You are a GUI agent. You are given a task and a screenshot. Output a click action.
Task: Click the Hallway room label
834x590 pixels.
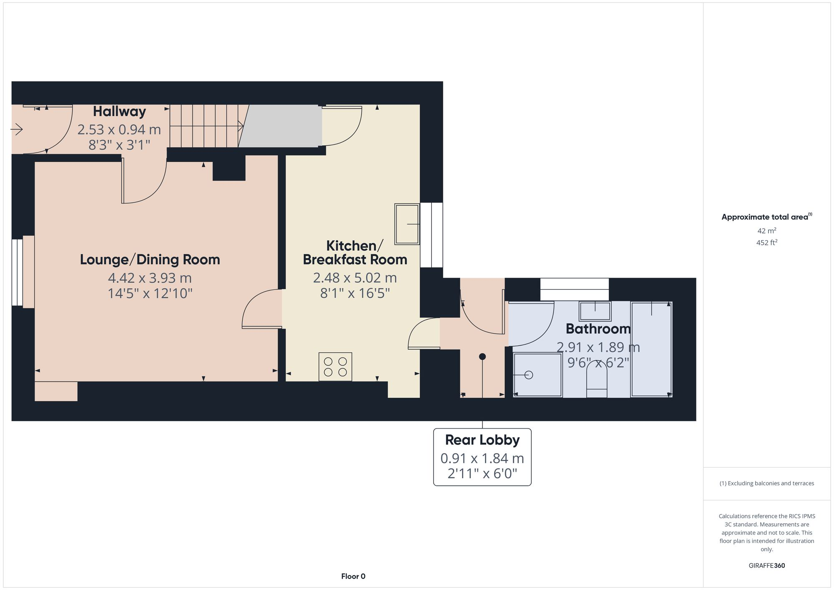[119, 111]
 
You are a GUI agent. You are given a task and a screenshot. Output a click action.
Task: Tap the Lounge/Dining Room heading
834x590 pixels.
[150, 259]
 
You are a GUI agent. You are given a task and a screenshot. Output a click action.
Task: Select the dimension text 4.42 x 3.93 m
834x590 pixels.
[150, 278]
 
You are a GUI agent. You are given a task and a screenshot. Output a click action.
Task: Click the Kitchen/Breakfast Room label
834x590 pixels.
[354, 252]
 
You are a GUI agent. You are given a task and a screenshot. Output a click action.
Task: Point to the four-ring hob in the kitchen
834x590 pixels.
[335, 367]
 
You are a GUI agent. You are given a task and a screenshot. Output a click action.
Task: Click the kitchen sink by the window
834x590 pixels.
[407, 224]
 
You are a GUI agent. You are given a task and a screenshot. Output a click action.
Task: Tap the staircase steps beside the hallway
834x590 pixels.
[204, 126]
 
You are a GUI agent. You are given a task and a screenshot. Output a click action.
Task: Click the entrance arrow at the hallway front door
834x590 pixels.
[17, 130]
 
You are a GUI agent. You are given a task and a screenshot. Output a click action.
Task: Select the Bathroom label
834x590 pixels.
[598, 329]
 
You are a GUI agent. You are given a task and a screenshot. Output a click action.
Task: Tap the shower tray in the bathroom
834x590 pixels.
[537, 375]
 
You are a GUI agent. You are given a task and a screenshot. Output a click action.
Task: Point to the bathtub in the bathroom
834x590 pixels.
[651, 349]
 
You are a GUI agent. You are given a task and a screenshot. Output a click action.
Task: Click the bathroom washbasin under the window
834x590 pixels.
[595, 311]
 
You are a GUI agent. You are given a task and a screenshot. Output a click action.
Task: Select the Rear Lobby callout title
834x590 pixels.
[482, 440]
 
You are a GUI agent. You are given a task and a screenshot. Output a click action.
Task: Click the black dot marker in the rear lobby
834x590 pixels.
[482, 357]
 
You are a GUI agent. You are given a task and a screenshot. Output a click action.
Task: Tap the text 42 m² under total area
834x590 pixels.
[766, 231]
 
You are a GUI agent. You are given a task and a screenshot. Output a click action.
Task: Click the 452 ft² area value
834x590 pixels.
[766, 242]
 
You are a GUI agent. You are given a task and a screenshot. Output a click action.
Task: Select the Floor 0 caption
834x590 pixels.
[353, 576]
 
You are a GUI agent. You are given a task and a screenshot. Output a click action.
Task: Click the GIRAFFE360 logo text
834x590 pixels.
[766, 565]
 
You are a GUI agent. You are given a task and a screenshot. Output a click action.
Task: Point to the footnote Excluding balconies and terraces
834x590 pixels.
[766, 483]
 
